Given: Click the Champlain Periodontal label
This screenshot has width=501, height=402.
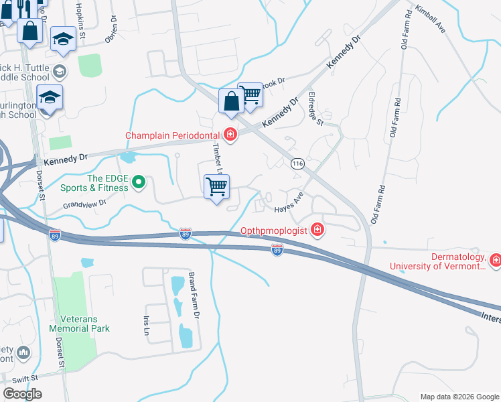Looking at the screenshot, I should click(173, 135).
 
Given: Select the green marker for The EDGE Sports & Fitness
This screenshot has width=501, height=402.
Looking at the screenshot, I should click(139, 182).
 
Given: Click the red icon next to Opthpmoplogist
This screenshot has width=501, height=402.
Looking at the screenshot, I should click(317, 230).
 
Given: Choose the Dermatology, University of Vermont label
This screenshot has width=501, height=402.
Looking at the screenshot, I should click(438, 261).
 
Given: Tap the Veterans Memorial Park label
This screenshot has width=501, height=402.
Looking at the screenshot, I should click(79, 324).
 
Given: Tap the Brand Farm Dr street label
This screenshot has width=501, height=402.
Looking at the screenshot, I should click(194, 295).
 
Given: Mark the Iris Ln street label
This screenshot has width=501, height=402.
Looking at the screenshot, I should click(145, 326).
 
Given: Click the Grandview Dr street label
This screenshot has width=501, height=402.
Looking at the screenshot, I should click(85, 204).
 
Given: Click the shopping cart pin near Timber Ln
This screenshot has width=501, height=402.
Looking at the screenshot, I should click(216, 187).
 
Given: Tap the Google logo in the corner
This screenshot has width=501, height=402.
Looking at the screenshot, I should click(22, 394).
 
